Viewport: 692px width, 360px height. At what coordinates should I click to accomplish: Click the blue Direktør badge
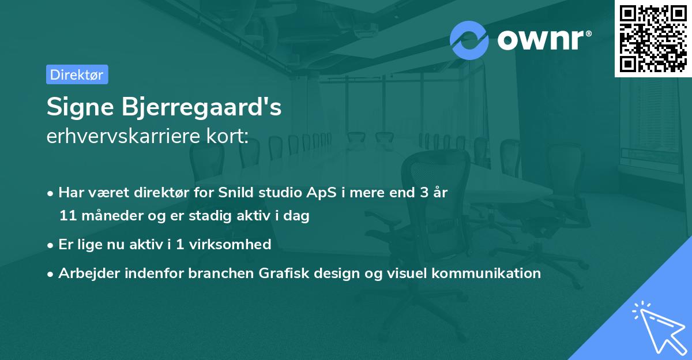[77, 74]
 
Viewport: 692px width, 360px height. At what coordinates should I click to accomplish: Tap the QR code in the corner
[653, 39]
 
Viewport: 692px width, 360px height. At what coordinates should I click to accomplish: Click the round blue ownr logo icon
[469, 40]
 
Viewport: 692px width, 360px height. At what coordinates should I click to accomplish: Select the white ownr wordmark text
[540, 40]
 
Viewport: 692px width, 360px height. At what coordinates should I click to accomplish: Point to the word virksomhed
[230, 244]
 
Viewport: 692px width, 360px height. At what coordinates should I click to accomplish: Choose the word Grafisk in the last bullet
[284, 273]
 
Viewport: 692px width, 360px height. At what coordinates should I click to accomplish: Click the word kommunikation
[486, 273]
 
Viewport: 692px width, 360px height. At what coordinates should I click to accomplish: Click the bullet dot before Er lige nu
[50, 246]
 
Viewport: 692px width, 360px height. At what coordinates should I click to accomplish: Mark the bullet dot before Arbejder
[50, 275]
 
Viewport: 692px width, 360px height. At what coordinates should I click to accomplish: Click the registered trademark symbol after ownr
[588, 33]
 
